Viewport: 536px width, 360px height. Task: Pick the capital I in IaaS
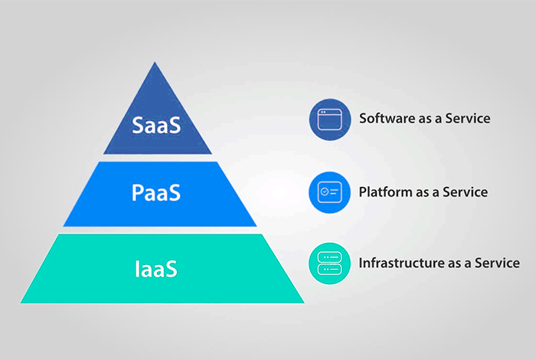pyautogui.click(x=138, y=269)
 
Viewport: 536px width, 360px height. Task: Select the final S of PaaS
pyautogui.click(x=175, y=193)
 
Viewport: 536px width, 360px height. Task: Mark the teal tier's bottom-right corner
pyautogui.click(x=304, y=302)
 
